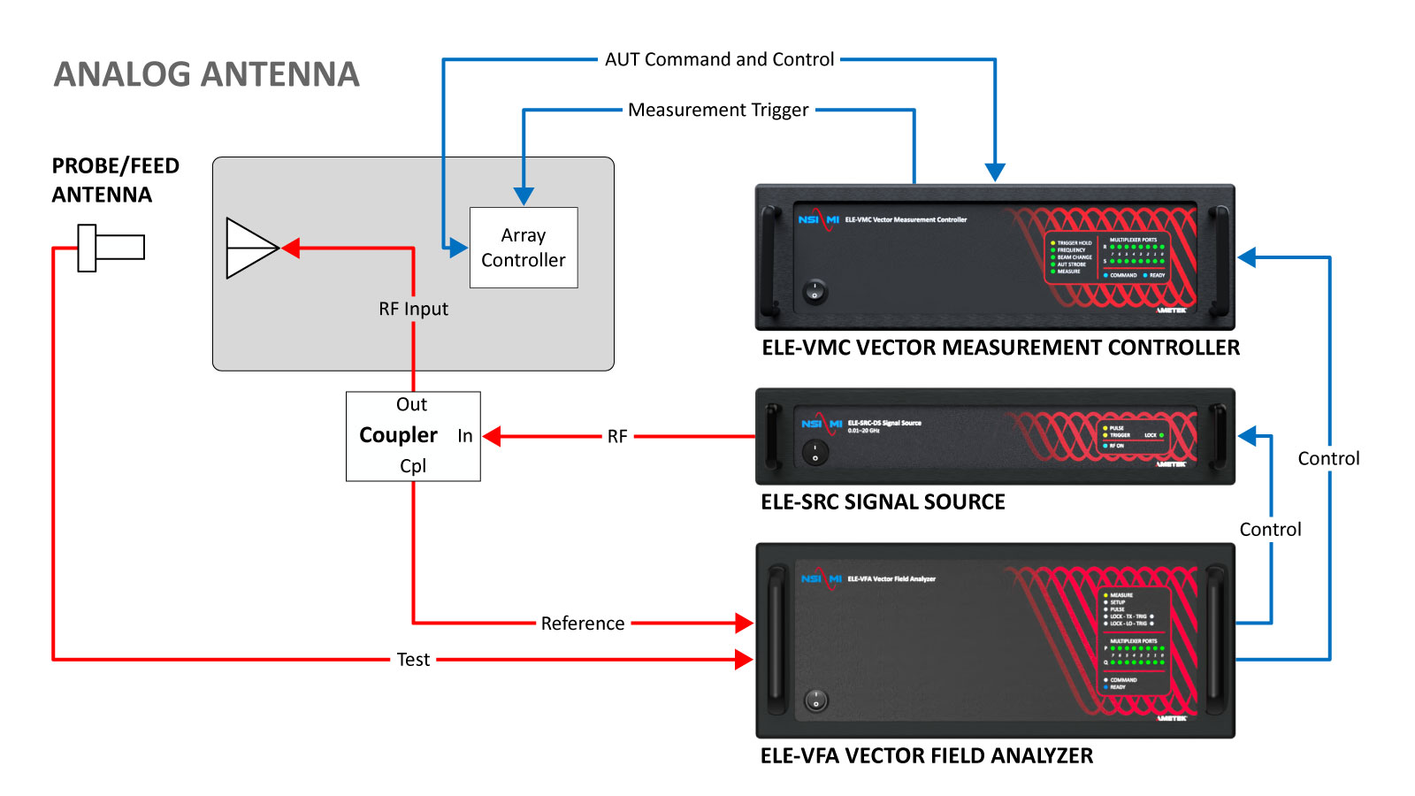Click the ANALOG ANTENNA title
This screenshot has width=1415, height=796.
(206, 74)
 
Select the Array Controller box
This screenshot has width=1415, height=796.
(524, 248)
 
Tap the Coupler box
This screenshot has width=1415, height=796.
(413, 436)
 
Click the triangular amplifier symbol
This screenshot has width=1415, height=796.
(251, 249)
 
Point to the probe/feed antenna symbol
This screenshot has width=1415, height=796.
(110, 248)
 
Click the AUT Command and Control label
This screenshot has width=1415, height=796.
(719, 59)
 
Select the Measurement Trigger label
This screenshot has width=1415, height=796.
(718, 110)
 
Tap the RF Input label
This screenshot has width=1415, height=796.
(413, 309)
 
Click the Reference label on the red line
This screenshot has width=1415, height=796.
(583, 624)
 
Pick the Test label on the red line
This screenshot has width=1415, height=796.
(413, 660)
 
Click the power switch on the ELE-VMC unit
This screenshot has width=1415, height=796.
(815, 290)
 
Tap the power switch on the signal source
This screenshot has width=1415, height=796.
(815, 453)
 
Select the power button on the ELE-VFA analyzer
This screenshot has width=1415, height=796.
(815, 700)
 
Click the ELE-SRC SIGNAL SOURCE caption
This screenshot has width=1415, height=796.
(883, 502)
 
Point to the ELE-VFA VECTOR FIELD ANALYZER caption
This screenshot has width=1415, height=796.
(927, 756)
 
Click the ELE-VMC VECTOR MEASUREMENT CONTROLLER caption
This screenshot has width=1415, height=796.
(1000, 348)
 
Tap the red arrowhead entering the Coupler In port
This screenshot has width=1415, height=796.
(493, 436)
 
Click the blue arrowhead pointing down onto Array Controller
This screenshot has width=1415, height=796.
(524, 196)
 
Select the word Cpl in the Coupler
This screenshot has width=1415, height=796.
(413, 466)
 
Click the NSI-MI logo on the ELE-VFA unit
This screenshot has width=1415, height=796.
(821, 578)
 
